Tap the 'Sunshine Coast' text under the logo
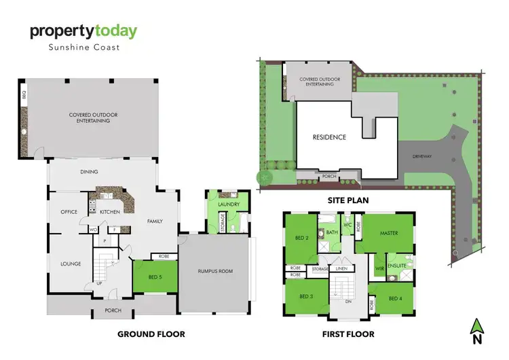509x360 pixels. click(x=83, y=48)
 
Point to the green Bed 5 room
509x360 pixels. click(x=155, y=277)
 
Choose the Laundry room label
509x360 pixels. click(x=229, y=202)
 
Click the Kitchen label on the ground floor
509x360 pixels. click(x=110, y=212)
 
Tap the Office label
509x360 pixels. click(x=69, y=212)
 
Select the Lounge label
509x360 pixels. click(x=71, y=264)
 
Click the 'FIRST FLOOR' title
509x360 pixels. click(x=349, y=334)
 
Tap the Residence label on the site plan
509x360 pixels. click(x=329, y=137)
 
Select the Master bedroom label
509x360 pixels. click(x=389, y=234)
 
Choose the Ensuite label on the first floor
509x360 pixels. click(x=396, y=265)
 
